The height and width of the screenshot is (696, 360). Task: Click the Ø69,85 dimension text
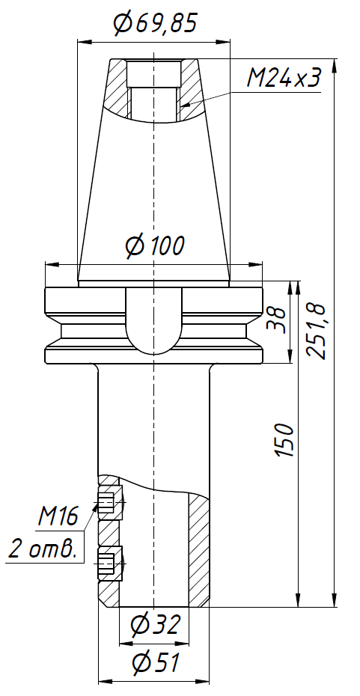[155, 24]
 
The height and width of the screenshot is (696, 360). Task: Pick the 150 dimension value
[284, 441]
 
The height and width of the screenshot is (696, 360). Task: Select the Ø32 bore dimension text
[155, 624]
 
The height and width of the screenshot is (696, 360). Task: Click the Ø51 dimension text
[155, 662]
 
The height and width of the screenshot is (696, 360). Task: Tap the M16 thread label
[58, 516]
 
